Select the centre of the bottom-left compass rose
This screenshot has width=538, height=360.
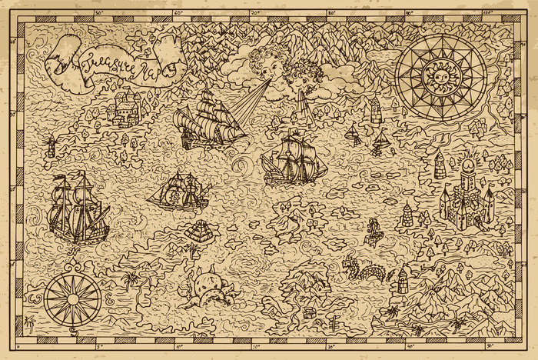[71, 298]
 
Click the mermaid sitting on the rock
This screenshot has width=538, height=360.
[375, 228]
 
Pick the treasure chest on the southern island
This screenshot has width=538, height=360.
[310, 313]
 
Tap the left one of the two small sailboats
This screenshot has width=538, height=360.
[354, 135]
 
